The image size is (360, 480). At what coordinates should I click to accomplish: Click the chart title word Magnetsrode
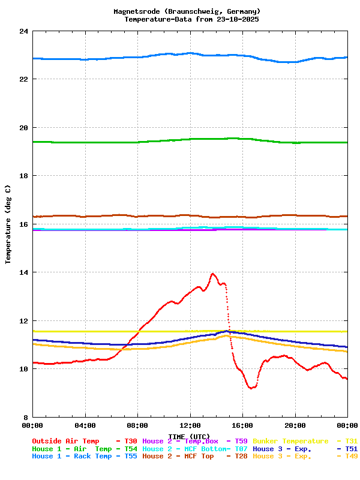tap(137, 11)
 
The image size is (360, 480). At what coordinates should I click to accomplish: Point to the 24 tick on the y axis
tap(23, 31)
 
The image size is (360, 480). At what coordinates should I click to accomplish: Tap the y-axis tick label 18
tap(23, 176)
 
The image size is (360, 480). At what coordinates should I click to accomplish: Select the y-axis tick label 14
tap(23, 272)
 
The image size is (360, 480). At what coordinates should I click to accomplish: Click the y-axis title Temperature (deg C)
tap(8, 224)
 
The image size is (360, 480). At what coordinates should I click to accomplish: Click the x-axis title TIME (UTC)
tap(189, 436)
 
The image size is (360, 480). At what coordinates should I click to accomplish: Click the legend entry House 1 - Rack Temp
tap(72, 457)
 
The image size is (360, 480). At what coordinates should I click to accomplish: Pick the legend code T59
tap(241, 441)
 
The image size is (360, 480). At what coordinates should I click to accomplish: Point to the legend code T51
tap(352, 449)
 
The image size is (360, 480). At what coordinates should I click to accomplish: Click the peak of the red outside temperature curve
tap(212, 274)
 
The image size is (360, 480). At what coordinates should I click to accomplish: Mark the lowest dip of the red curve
tap(251, 388)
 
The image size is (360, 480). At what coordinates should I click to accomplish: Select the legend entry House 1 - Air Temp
tap(72, 449)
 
